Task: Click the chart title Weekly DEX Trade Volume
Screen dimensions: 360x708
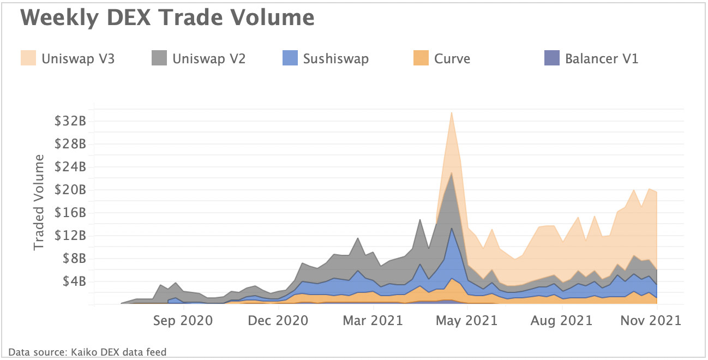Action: [x=167, y=18]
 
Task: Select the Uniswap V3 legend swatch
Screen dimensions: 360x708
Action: [x=29, y=58]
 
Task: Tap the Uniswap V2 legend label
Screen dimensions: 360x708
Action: [x=209, y=58]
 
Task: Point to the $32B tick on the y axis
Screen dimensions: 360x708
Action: [x=71, y=121]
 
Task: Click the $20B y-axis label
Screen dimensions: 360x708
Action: [x=71, y=190]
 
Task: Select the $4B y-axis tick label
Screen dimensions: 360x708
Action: [x=74, y=281]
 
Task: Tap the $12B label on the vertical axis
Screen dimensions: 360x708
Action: [x=71, y=236]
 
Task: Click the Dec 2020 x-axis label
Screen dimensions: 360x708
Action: [x=278, y=320]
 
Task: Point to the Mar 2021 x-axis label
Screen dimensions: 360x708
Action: [x=373, y=320]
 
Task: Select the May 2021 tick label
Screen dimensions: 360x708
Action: [x=468, y=320]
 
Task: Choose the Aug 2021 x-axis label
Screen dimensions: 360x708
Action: [x=562, y=320]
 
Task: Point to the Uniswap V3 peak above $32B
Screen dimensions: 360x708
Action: [x=451, y=113]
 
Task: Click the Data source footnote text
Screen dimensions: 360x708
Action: [x=87, y=352]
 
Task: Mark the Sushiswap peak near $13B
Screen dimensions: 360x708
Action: [x=452, y=229]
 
